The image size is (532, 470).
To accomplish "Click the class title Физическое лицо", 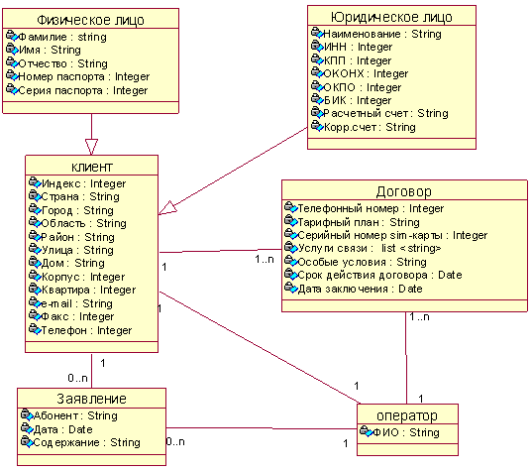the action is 90,20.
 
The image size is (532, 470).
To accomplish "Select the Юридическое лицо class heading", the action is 391,17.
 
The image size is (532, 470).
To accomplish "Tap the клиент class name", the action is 91,167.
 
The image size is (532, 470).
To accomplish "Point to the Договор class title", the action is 404,191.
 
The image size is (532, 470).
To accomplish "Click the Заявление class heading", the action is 91,399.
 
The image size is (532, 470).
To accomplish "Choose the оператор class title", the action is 407,415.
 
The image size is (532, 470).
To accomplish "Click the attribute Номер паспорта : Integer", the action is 84,76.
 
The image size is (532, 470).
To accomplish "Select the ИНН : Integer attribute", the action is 358,47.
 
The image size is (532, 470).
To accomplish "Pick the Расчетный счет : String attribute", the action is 385,113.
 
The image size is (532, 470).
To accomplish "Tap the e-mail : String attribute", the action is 76,303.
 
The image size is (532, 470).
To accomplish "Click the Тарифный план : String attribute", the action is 359,222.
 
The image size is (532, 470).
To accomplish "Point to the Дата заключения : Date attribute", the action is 360,289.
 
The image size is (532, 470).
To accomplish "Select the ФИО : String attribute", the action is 406,432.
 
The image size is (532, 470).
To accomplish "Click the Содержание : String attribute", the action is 86,442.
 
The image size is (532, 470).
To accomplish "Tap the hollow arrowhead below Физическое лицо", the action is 91,147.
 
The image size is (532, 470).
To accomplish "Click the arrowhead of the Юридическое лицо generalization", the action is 167,208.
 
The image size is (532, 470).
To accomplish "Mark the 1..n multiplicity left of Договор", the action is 265,260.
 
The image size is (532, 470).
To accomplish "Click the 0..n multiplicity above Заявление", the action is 77,378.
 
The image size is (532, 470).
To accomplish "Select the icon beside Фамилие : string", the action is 12,36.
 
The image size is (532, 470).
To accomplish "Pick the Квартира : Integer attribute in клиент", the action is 88,290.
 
